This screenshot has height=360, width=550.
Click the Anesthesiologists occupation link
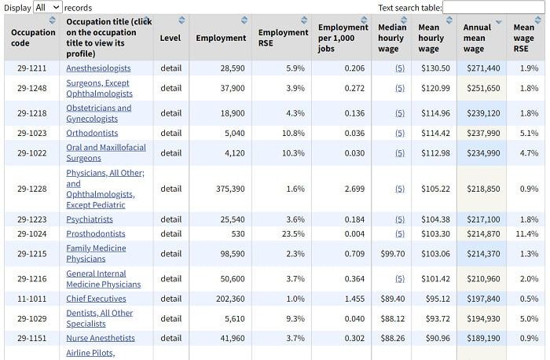point(98,68)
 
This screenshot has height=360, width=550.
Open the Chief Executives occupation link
point(96,299)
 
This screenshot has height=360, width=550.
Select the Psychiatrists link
point(90,219)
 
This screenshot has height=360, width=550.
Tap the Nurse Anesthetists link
point(101,338)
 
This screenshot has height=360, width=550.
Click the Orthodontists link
point(92,133)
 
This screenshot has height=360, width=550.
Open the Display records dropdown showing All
point(47,8)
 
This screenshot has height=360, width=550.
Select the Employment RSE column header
point(283,38)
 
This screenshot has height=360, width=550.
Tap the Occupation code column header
point(33,38)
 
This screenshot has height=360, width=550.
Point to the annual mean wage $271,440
point(483,68)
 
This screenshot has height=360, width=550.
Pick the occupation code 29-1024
point(32,233)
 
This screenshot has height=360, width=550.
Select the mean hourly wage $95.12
point(434,299)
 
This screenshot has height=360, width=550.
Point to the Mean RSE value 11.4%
point(526,233)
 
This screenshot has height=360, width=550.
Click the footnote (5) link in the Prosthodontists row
point(399,233)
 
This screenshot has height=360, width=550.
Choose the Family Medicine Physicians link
point(96,253)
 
